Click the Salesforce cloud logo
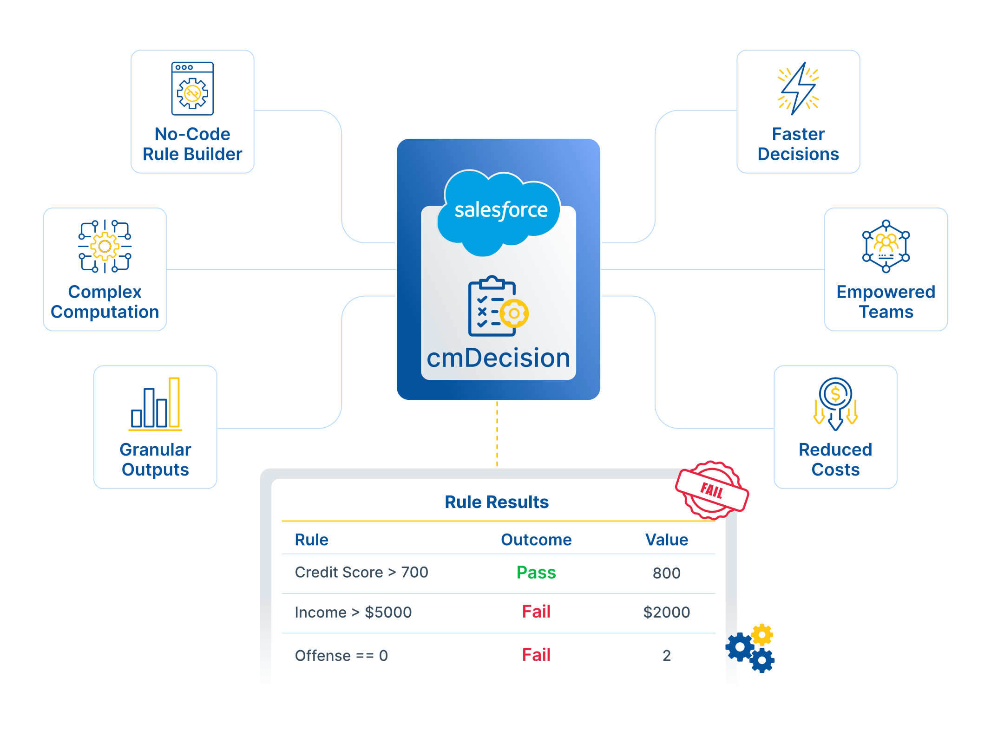[x=499, y=211]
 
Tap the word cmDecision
[x=498, y=358]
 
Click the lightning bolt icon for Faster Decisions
[x=798, y=88]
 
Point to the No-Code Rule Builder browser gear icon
[x=192, y=89]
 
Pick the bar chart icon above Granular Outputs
[x=155, y=404]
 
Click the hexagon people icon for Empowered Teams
[x=886, y=246]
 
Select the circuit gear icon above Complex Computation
[x=105, y=246]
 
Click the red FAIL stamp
[x=712, y=490]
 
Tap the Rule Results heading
[x=497, y=502]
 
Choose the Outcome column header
[x=536, y=540]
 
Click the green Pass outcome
[x=536, y=573]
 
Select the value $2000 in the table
[x=666, y=612]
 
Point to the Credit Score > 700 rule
[x=361, y=573]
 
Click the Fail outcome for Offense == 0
[x=536, y=655]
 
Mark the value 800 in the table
[x=666, y=573]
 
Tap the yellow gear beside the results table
[x=762, y=635]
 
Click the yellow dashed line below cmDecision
[x=497, y=434]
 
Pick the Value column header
[x=666, y=540]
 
